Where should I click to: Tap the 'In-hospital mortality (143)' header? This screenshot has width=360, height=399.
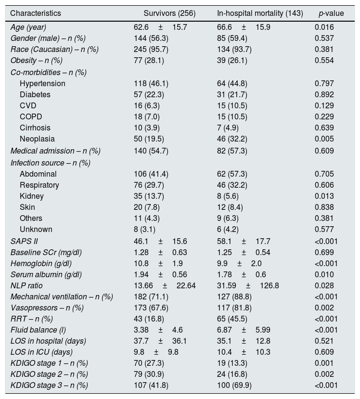click(260, 13)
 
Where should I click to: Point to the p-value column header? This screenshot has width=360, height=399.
click(331, 13)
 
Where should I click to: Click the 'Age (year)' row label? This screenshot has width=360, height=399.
click(28, 27)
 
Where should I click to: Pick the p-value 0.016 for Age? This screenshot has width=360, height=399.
click(324, 27)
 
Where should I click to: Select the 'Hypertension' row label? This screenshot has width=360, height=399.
click(42, 83)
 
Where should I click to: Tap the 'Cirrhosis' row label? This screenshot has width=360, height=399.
click(35, 128)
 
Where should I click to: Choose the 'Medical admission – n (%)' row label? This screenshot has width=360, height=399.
click(55, 151)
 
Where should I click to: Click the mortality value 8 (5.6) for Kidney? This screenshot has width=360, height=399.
click(228, 196)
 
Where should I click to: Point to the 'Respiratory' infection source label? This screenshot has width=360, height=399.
click(39, 185)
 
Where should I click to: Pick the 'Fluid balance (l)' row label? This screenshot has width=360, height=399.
click(36, 330)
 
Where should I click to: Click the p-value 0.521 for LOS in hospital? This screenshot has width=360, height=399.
click(324, 341)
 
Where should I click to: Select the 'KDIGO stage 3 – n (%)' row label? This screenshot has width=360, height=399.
click(49, 385)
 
